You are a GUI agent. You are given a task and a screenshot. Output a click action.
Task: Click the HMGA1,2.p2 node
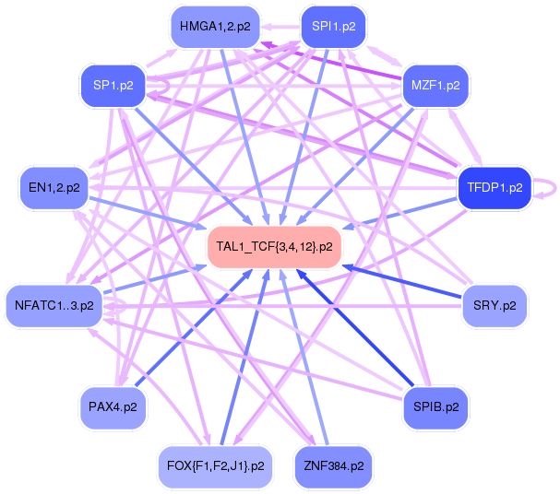click(x=214, y=27)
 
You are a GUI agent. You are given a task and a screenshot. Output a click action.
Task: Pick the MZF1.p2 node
click(x=435, y=86)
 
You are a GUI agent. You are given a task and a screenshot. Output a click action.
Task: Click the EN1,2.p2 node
click(x=54, y=187)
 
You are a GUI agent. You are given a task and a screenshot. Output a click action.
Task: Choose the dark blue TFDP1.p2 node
click(x=494, y=187)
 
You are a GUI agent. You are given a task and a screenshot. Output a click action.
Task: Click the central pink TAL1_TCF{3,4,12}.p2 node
click(x=274, y=246)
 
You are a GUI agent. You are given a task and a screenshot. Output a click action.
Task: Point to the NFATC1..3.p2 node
click(x=54, y=305)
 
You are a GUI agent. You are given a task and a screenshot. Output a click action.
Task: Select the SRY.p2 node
click(x=494, y=305)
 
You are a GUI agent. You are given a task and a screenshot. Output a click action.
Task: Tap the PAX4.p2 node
click(x=113, y=406)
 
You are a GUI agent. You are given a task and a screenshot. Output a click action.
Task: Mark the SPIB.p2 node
click(x=435, y=406)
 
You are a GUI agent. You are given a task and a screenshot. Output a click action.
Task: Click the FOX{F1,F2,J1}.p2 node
click(x=215, y=465)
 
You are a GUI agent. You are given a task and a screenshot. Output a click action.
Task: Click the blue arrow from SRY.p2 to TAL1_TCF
click(x=406, y=282)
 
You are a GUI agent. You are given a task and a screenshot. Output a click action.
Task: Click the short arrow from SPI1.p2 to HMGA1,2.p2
click(x=281, y=27)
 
